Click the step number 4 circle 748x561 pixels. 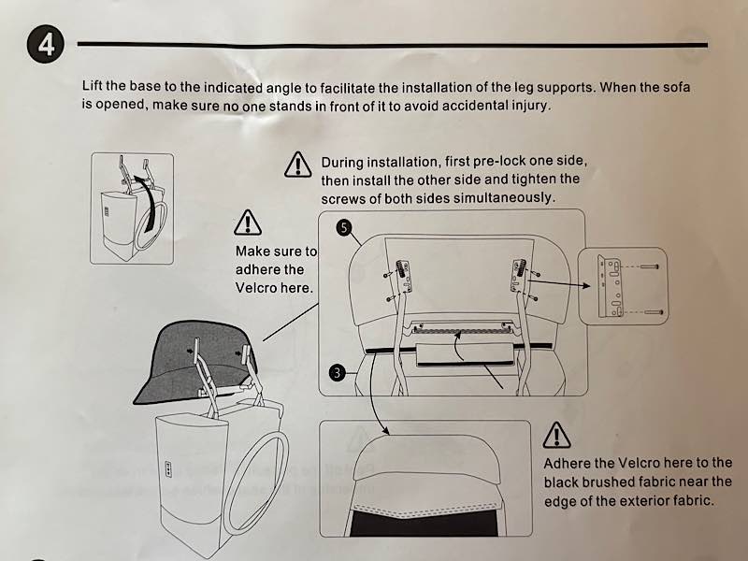pyautogui.click(x=45, y=45)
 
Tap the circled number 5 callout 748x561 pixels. pyautogui.click(x=344, y=227)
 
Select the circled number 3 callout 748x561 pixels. pyautogui.click(x=338, y=372)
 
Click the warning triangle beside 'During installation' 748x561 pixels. pyautogui.click(x=297, y=165)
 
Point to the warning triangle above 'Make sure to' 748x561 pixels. pyautogui.click(x=248, y=223)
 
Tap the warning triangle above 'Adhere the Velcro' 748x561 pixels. pyautogui.click(x=556, y=435)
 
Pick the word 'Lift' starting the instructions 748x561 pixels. pyautogui.click(x=92, y=85)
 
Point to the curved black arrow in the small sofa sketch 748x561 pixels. pyautogui.click(x=152, y=200)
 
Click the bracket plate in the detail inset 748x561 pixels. pyautogui.click(x=610, y=286)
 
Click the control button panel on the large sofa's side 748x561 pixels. pyautogui.click(x=168, y=468)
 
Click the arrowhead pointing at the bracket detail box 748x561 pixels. pyautogui.click(x=586, y=286)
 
